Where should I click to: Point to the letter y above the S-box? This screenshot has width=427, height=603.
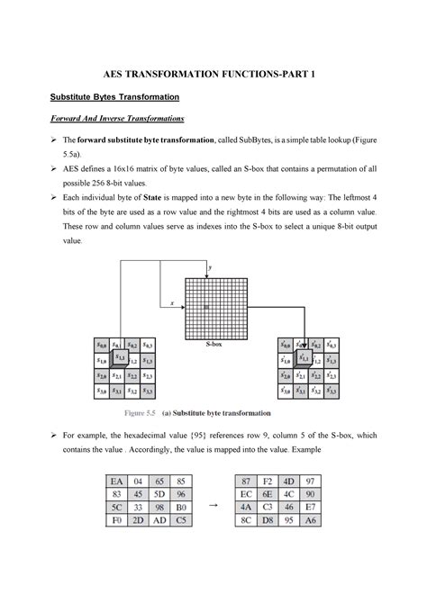click(x=210, y=268)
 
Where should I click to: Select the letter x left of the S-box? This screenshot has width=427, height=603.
click(x=172, y=303)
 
